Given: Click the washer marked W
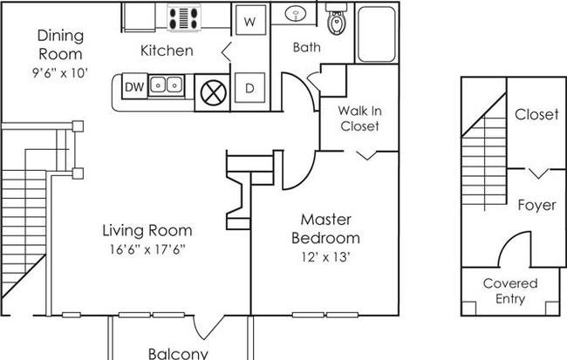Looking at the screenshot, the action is click(x=250, y=20).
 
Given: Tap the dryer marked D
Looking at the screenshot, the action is click(x=249, y=88).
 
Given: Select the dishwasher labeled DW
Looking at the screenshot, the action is click(x=134, y=86).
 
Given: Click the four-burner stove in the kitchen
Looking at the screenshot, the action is click(x=184, y=18).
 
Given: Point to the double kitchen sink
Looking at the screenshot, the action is click(x=167, y=85).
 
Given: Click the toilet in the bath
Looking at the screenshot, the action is click(x=337, y=19).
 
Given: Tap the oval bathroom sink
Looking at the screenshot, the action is click(x=296, y=14).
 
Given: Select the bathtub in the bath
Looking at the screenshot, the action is click(x=377, y=34).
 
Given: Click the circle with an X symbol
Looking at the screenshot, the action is click(x=214, y=93).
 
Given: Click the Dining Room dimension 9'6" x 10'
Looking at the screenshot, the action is click(x=60, y=73).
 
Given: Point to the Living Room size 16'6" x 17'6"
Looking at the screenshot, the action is click(x=147, y=249).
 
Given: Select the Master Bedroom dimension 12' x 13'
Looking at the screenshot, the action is click(x=325, y=257).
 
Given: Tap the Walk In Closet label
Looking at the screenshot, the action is click(x=359, y=119).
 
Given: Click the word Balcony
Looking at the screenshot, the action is click(x=178, y=353).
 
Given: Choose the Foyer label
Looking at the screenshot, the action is click(x=537, y=206).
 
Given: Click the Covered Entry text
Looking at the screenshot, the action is click(x=510, y=291).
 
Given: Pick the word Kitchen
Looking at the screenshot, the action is click(x=167, y=51).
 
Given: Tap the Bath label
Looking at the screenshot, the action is click(x=307, y=47).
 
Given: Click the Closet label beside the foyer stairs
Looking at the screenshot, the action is click(x=536, y=114).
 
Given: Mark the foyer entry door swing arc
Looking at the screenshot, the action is click(x=506, y=241).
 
